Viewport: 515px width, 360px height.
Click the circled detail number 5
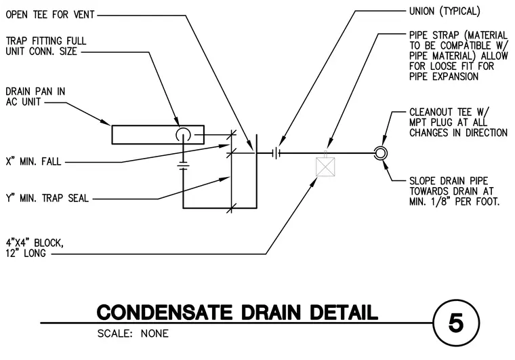(x=456, y=323)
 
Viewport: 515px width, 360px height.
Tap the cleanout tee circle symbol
(x=381, y=153)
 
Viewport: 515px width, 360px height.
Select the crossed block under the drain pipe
(x=325, y=167)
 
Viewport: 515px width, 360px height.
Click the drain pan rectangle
(x=112, y=135)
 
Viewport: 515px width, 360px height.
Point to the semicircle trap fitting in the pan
(x=183, y=129)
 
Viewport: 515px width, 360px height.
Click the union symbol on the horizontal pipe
(x=277, y=153)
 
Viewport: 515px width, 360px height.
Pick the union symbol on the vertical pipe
(x=183, y=165)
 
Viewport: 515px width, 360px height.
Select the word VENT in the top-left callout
(x=83, y=15)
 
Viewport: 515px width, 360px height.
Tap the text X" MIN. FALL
(x=33, y=161)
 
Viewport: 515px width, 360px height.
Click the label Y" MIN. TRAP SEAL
(x=47, y=199)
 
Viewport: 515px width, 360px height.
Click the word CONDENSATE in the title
(x=165, y=312)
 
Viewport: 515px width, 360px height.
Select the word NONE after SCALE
(x=154, y=334)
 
